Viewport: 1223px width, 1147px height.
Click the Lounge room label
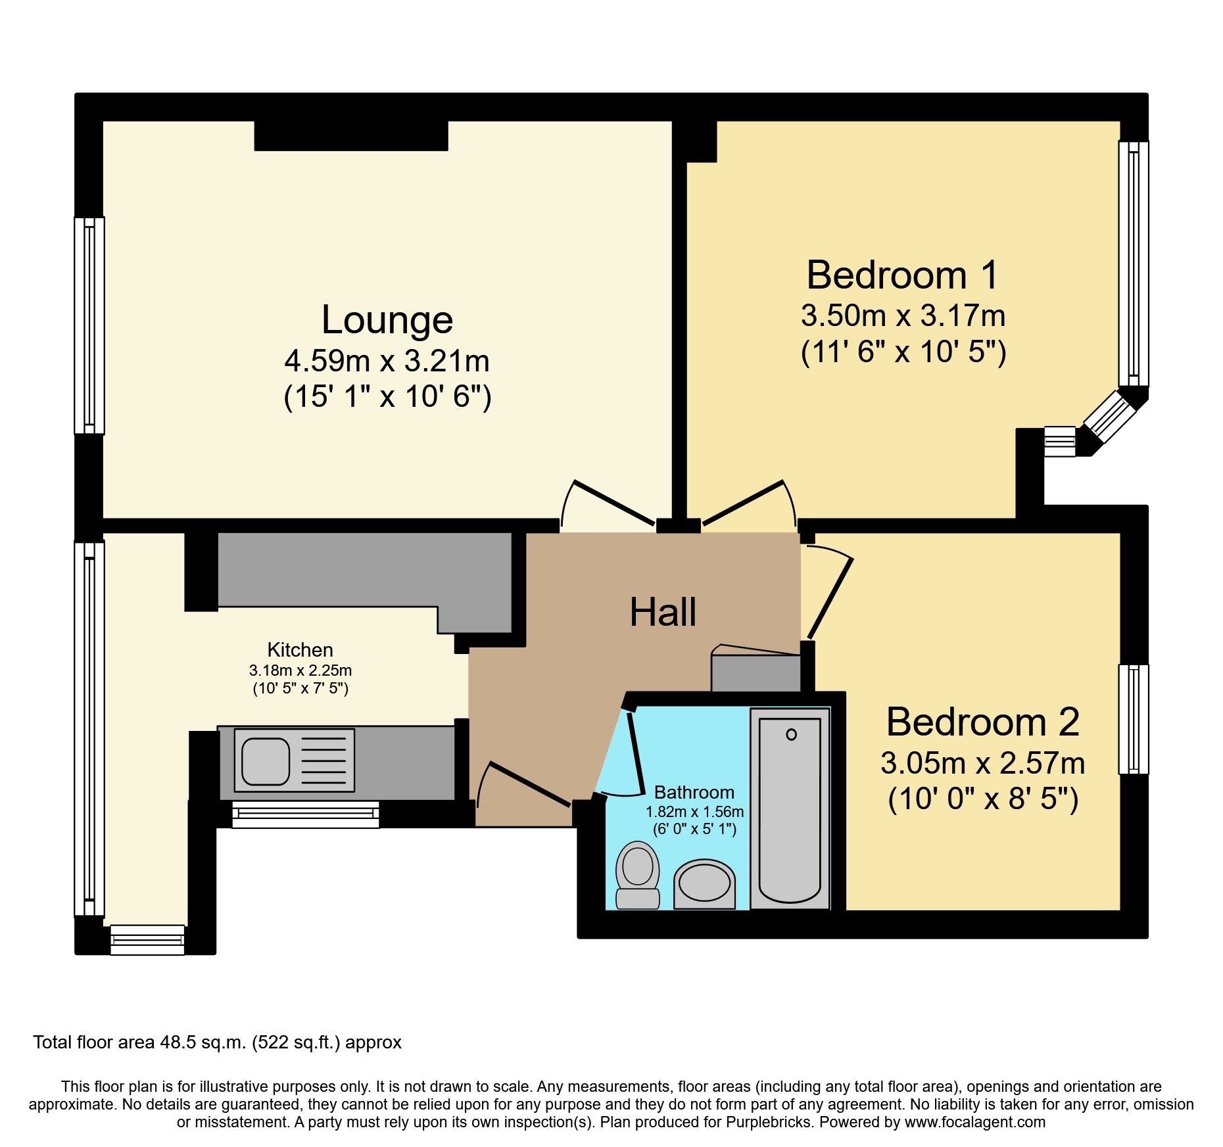(x=387, y=320)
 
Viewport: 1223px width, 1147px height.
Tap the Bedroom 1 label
(x=902, y=275)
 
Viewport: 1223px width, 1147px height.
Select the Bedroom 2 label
(x=982, y=722)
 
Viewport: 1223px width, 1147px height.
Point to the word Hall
(x=663, y=612)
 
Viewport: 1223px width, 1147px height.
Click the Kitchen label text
(x=300, y=649)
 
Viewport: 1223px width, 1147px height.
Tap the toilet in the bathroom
(x=637, y=876)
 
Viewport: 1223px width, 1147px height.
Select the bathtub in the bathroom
(x=790, y=809)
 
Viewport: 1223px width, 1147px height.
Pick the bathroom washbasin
(x=704, y=883)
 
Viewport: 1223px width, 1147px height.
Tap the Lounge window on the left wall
(x=89, y=325)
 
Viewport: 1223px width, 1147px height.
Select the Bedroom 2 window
(x=1134, y=719)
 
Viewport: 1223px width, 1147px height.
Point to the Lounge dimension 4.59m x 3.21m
(x=387, y=361)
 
